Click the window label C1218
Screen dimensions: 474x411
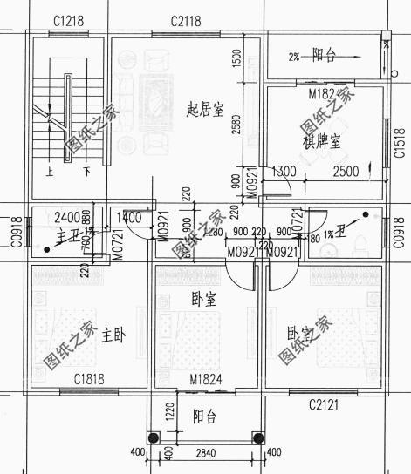68,20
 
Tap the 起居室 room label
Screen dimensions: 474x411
206,110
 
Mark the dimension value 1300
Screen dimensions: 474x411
284,173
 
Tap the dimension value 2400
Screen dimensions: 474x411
67,216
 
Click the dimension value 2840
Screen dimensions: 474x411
206,453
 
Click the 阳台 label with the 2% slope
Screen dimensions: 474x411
324,55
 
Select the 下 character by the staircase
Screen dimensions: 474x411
86,172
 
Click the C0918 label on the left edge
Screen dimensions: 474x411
15,230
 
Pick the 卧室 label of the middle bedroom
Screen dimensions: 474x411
203,299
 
